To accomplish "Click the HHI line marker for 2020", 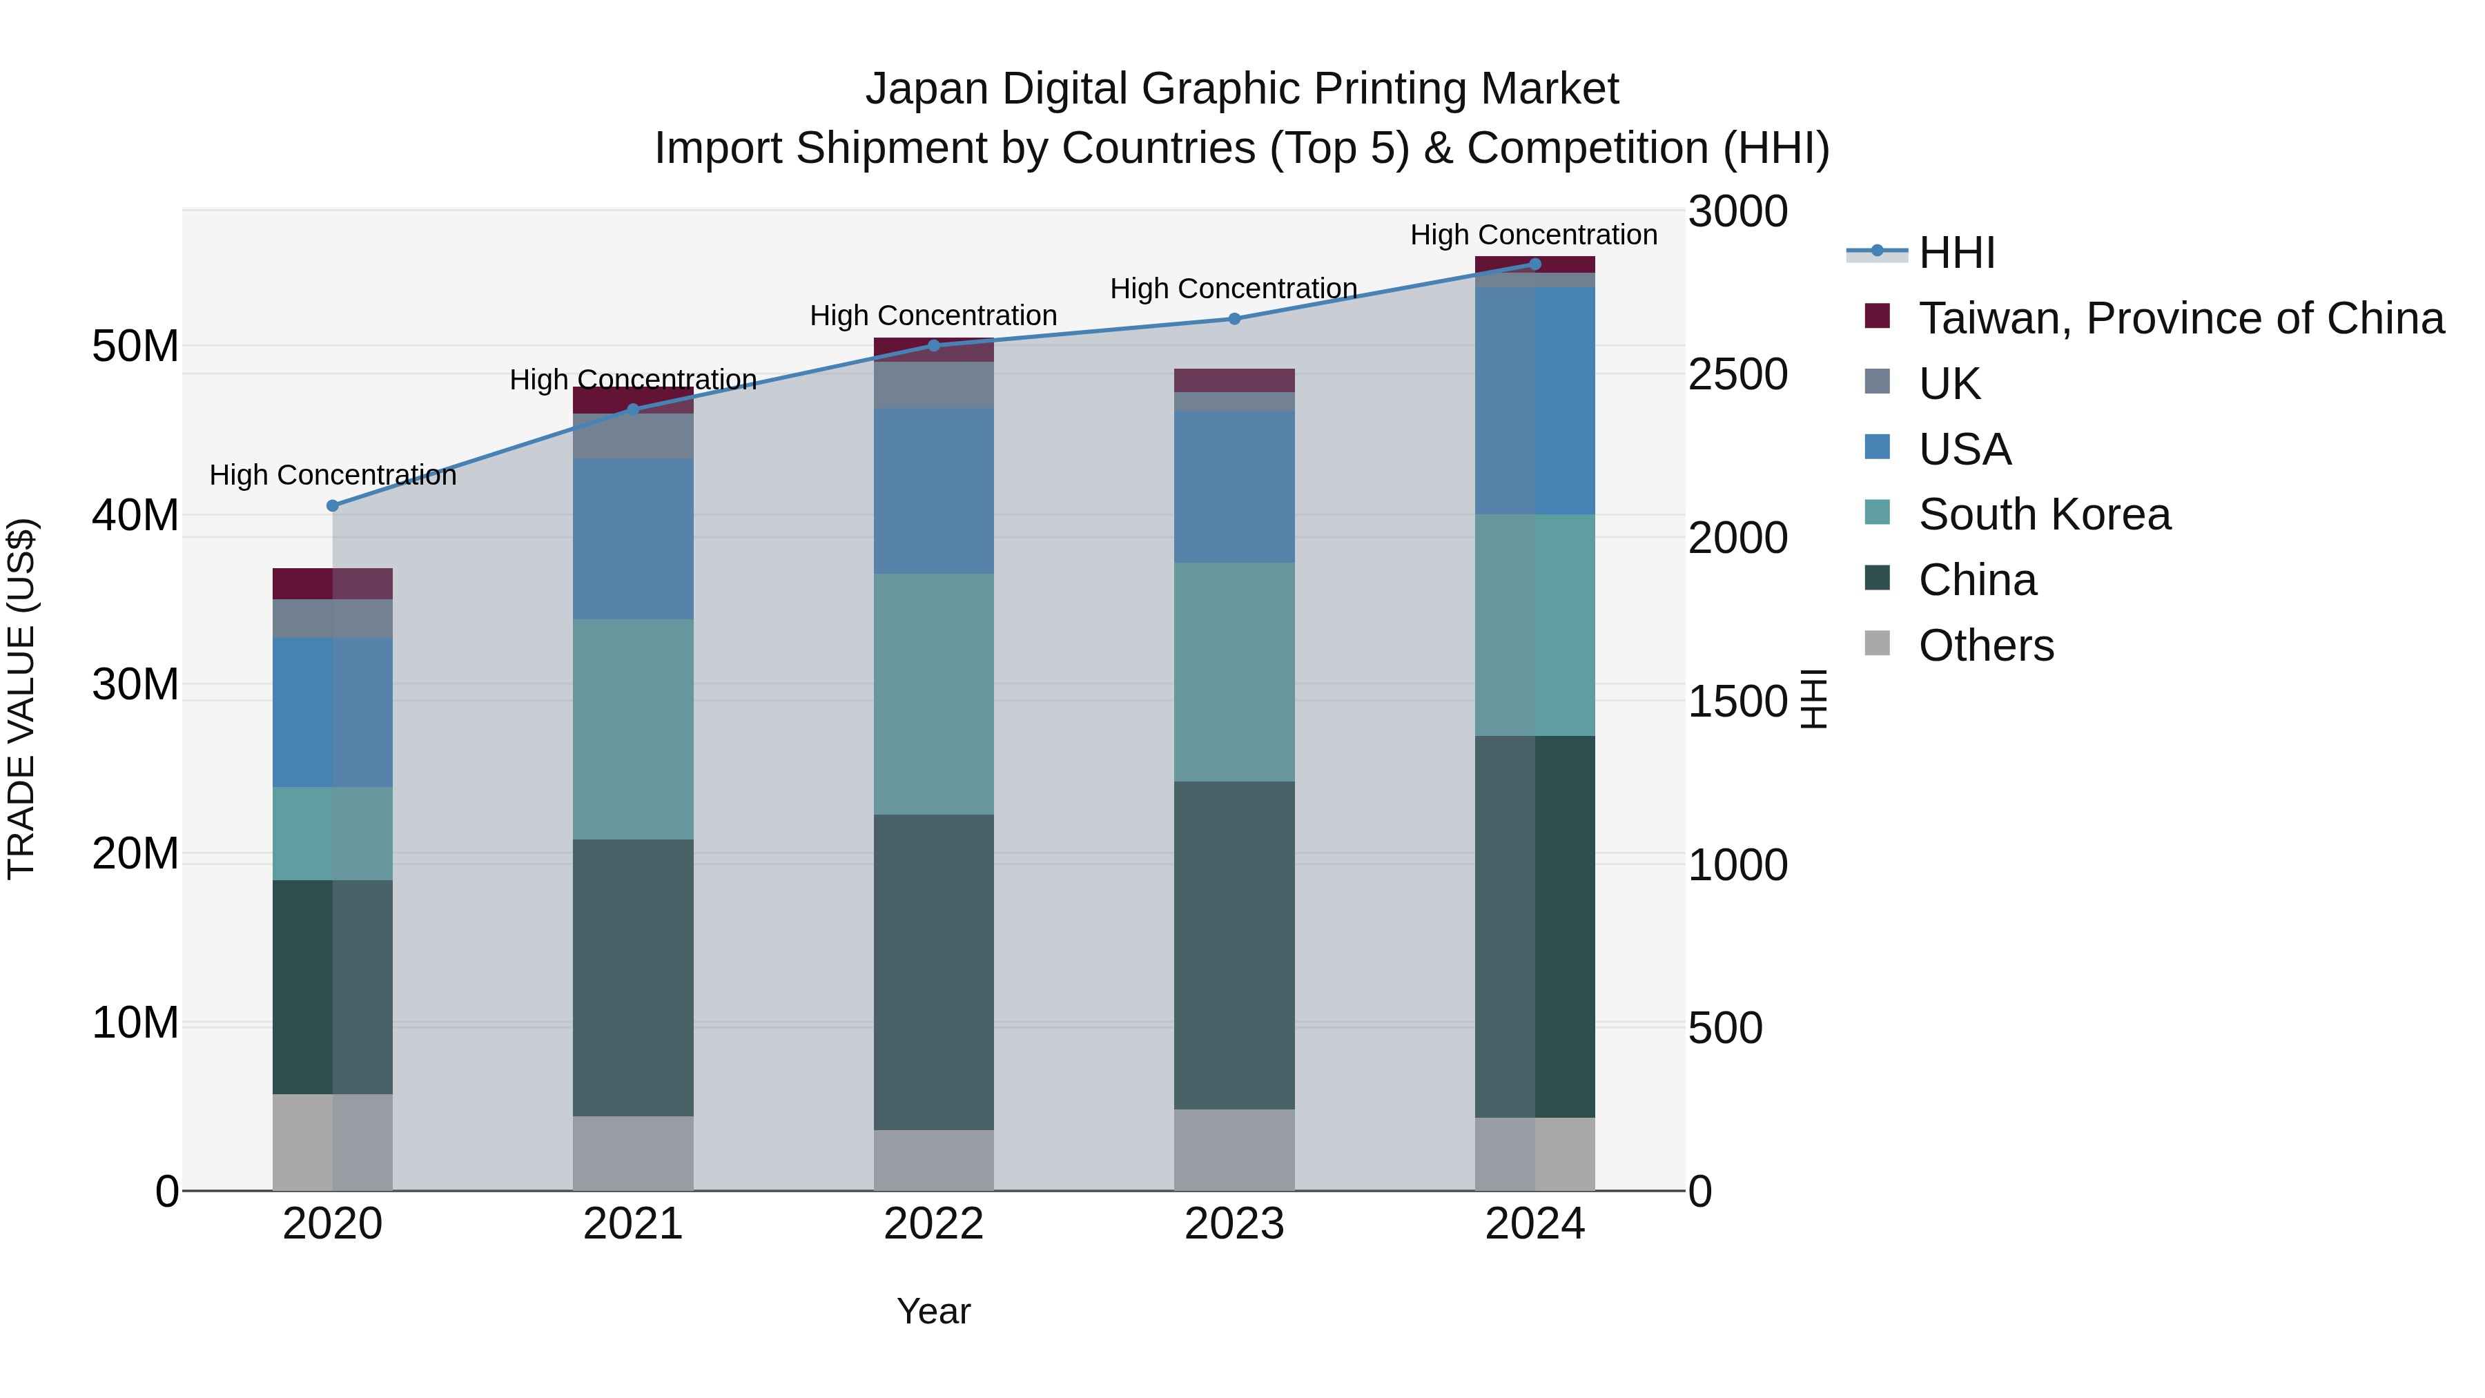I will (333, 505).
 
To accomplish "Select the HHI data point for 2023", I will (1234, 318).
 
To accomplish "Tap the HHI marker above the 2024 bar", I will (1534, 264).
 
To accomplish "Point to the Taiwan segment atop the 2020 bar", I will (333, 583).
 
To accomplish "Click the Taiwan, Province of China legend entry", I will (2180, 318).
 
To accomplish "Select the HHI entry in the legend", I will (1956, 253).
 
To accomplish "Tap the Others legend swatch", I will (1878, 643).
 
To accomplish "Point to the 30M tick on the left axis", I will (135, 684).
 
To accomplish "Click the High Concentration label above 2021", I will (633, 380).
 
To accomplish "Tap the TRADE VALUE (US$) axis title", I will (22, 699).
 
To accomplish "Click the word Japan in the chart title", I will (926, 89).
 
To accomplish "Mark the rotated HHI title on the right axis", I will (1813, 699).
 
